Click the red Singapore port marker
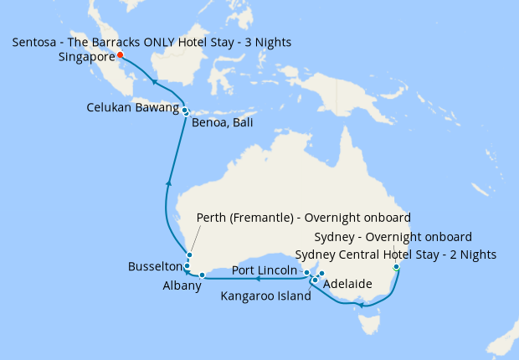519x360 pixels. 120,55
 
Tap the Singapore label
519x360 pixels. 87,58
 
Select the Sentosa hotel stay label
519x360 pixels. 152,42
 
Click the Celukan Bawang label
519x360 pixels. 133,107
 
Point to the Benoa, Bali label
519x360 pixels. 222,123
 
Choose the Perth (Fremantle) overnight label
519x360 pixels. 302,218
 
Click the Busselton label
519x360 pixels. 155,266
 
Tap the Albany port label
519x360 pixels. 182,285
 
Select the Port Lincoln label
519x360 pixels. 264,270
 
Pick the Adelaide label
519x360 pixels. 347,284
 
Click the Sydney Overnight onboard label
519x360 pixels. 398,237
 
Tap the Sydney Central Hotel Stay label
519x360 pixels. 398,255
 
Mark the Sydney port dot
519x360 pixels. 396,267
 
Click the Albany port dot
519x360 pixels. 202,275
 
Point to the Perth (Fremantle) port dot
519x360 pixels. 190,255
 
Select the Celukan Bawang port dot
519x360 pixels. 183,110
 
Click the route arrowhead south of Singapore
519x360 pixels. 153,81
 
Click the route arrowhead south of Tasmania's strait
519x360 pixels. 361,306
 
